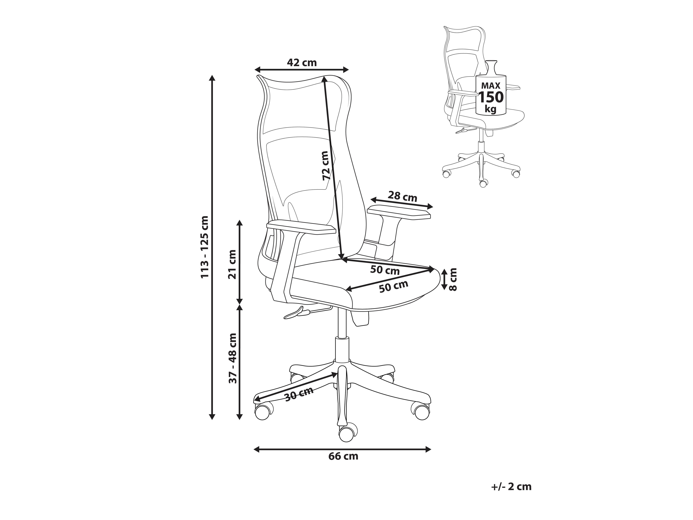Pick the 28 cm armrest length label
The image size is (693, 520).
(x=403, y=197)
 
